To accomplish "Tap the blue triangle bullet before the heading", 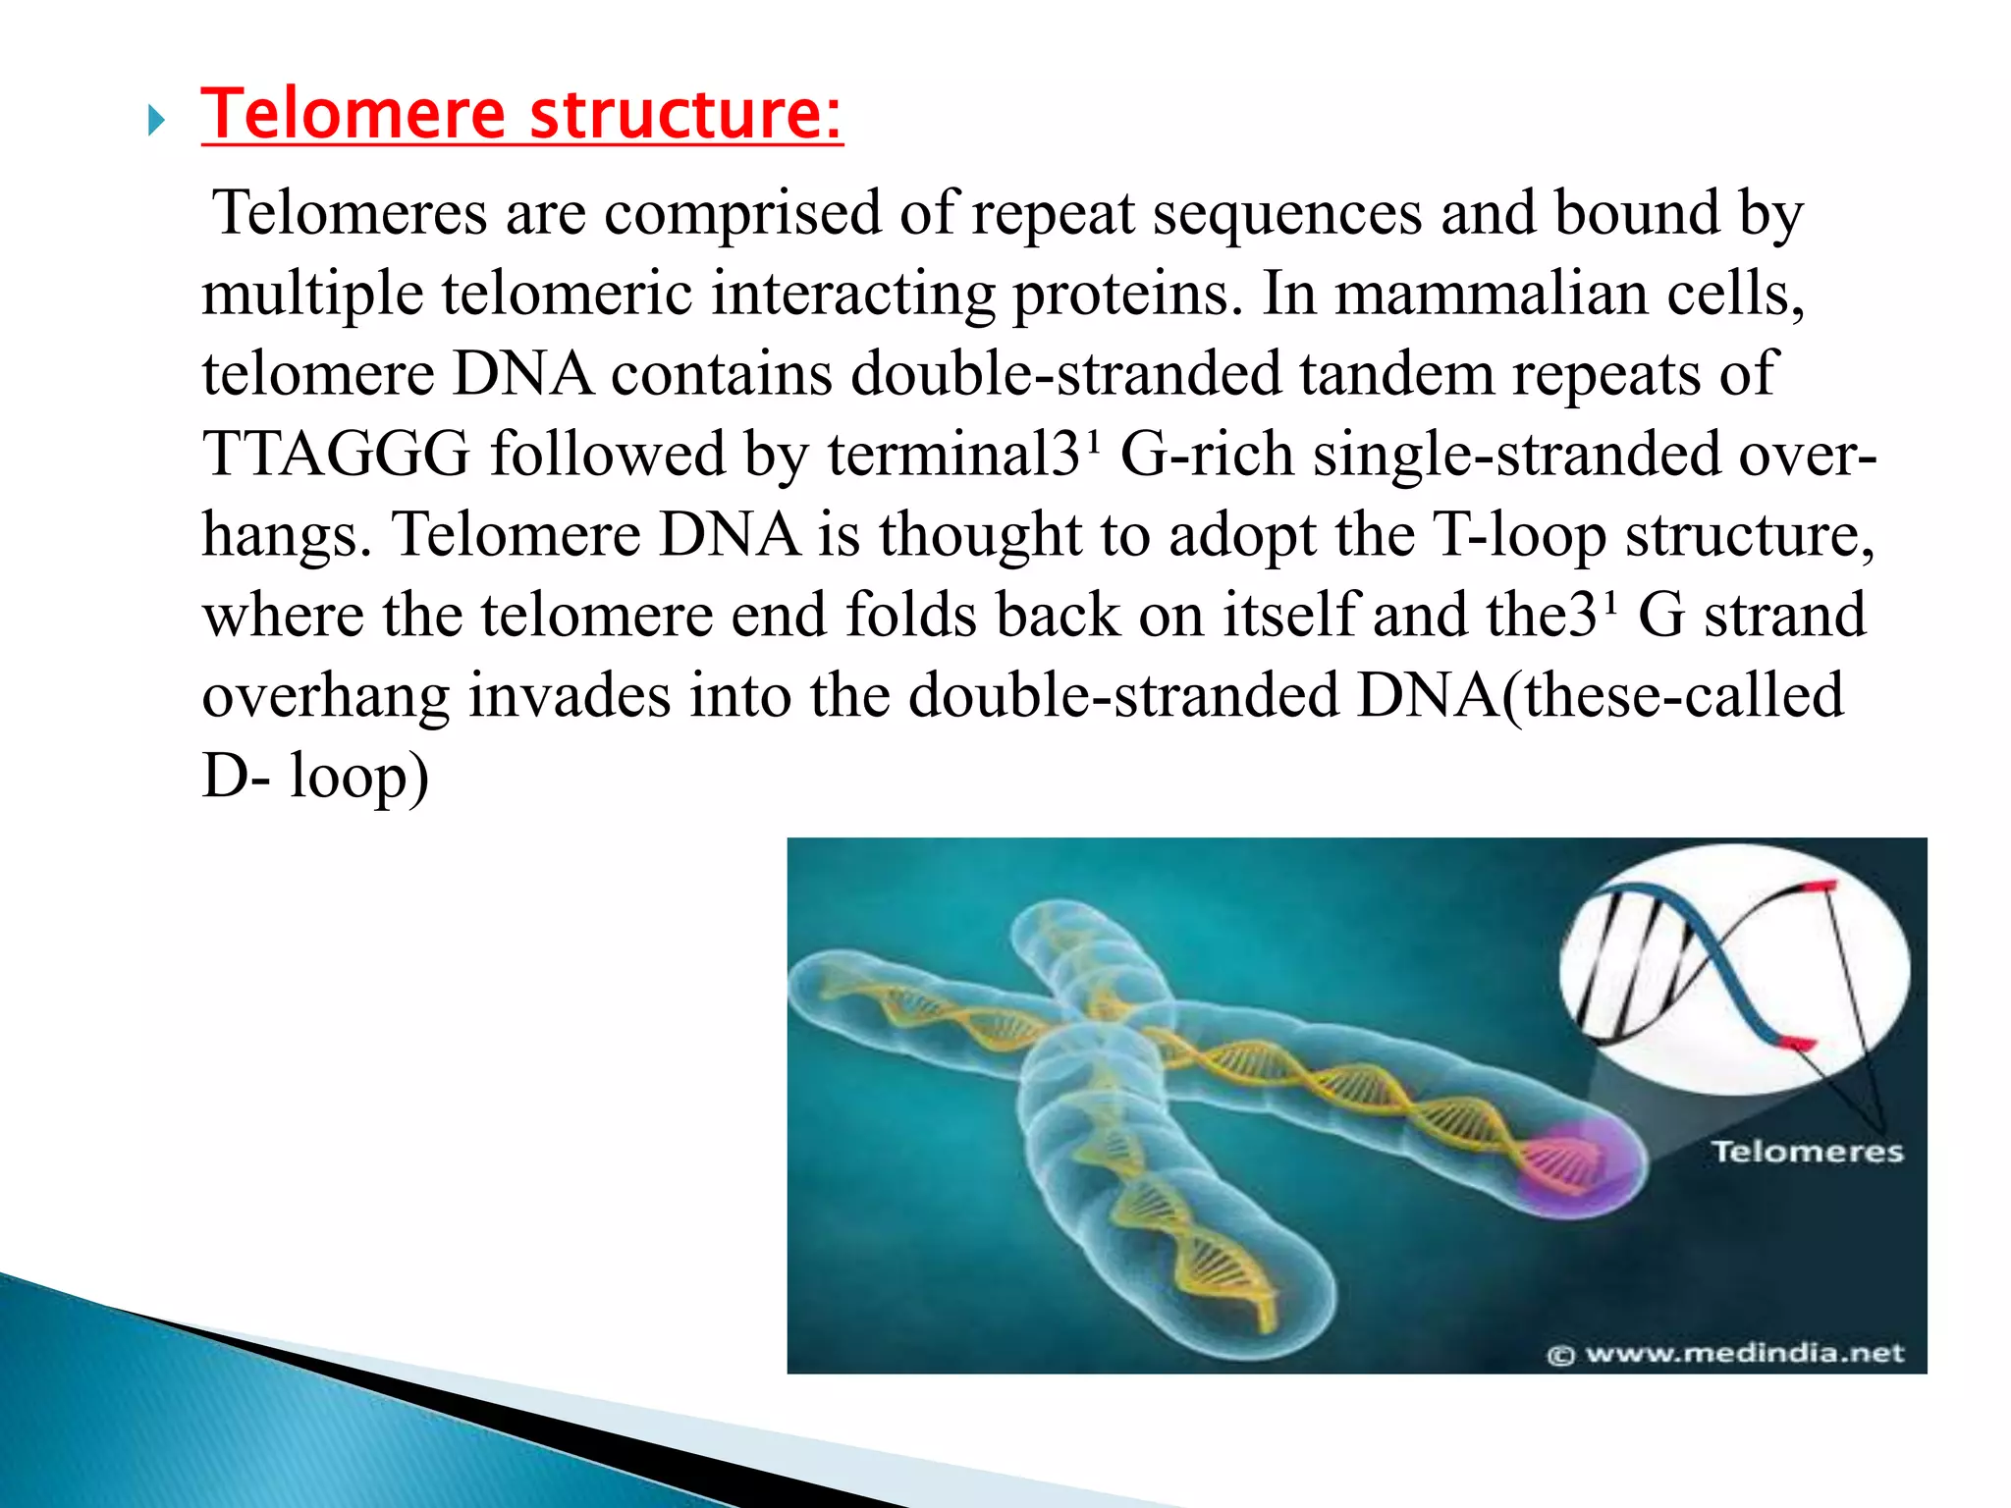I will click(x=156, y=122).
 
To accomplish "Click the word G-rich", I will click(x=1207, y=455).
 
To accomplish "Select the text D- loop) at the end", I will click(x=315, y=777).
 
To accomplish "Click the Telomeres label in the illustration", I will click(x=1807, y=1152).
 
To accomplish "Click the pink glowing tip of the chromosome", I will click(x=1576, y=1163).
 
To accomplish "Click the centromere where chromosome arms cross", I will click(x=1100, y=1031).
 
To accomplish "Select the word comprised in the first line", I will click(x=742, y=213).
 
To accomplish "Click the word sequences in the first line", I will click(x=1287, y=213).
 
